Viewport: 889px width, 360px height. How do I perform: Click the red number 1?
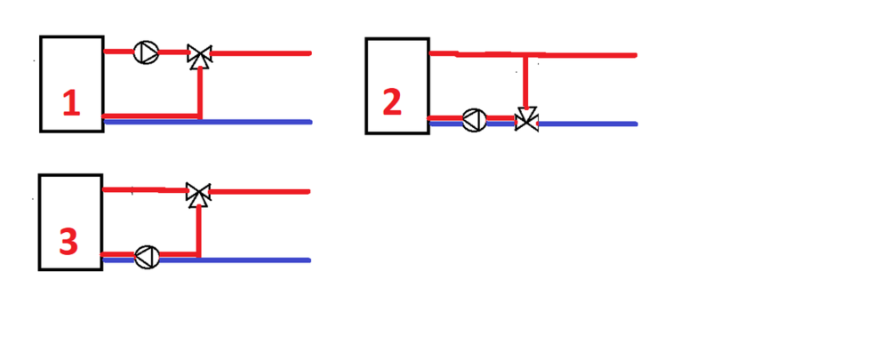[x=71, y=105]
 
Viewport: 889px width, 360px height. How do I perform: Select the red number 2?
[x=392, y=102]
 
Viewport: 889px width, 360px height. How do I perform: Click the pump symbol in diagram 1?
[x=144, y=52]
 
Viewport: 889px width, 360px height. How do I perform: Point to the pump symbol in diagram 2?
[x=474, y=120]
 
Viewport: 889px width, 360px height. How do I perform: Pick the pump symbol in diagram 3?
[x=147, y=257]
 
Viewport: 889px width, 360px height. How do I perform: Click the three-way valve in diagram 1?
[x=199, y=56]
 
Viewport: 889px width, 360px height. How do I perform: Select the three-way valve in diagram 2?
[x=527, y=119]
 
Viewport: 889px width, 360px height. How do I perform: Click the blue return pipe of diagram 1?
[x=258, y=122]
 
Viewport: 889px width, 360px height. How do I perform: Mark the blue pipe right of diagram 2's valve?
[x=587, y=124]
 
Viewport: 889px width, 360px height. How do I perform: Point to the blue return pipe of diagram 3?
[x=258, y=260]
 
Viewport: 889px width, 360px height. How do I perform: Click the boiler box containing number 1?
[x=71, y=71]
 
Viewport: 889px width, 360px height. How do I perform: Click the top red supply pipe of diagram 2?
[x=578, y=55]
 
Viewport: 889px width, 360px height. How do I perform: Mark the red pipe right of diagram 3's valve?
[x=258, y=191]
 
